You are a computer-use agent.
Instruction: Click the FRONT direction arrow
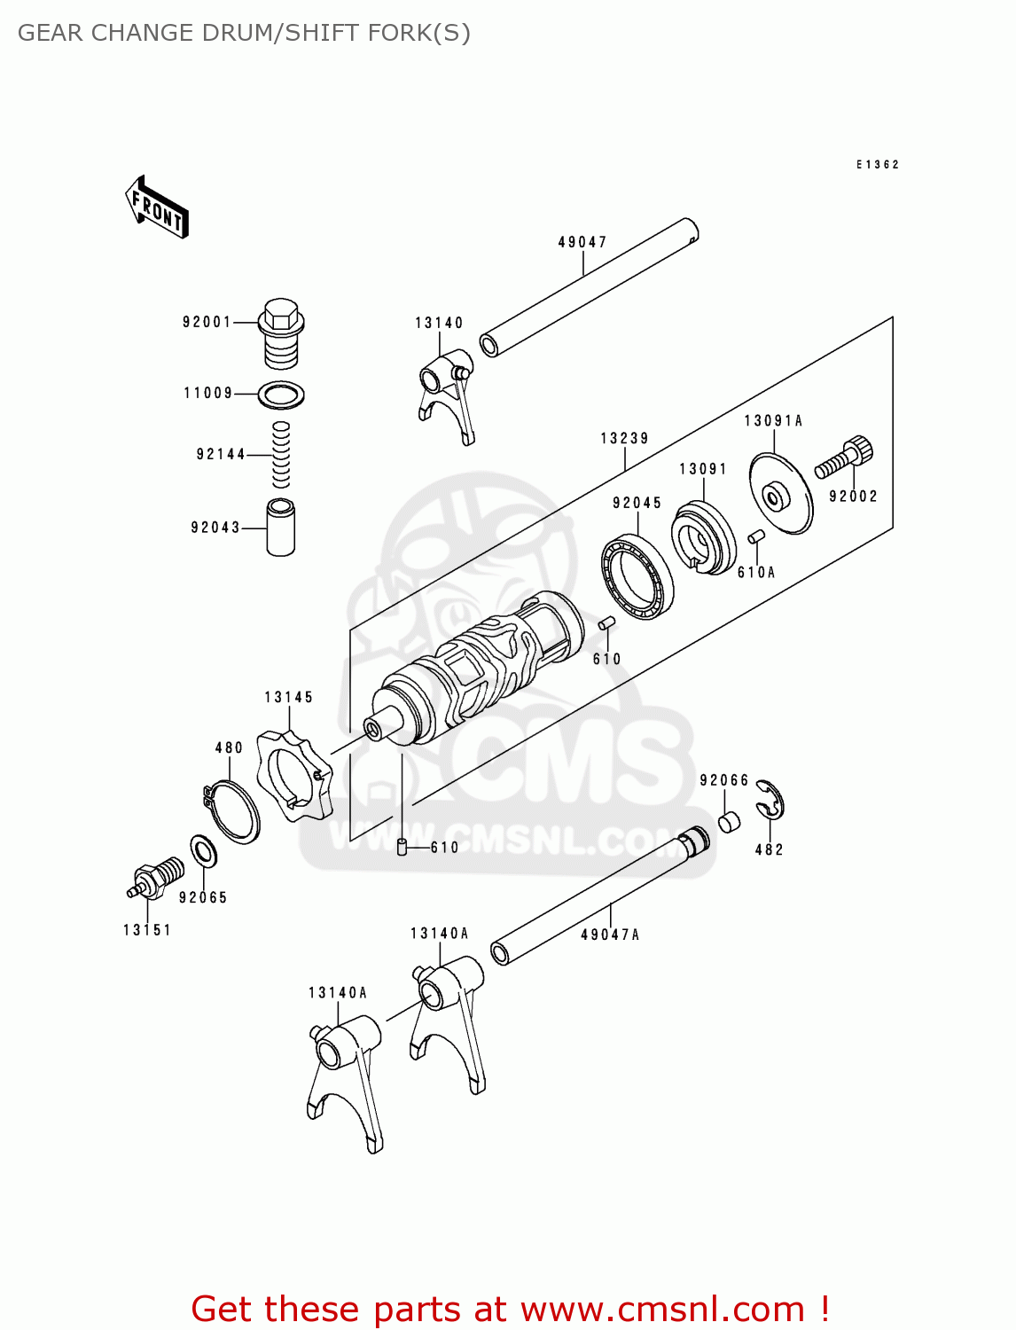[157, 207]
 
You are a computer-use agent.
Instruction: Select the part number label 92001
[207, 322]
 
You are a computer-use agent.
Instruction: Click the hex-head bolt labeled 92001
[281, 332]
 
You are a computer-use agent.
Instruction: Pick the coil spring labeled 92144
[281, 454]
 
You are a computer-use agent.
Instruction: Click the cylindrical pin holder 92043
[281, 528]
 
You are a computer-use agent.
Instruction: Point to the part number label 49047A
[610, 935]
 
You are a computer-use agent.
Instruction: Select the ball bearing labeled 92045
[637, 576]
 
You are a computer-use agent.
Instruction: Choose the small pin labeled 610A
[755, 536]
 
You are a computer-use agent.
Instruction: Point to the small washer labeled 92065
[204, 852]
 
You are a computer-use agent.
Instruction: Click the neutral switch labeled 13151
[156, 880]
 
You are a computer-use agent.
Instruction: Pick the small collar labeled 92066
[728, 821]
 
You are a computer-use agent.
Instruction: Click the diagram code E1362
[878, 165]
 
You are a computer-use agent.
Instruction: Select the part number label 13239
[624, 438]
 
